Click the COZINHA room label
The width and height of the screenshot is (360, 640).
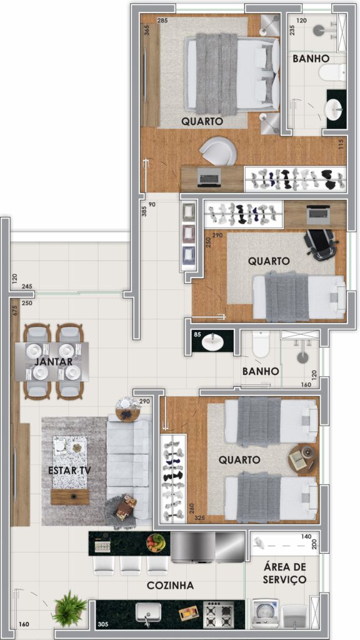coord(170,585)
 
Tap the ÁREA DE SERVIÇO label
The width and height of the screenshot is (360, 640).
coord(284,572)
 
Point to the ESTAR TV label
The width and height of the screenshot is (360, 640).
coord(69,470)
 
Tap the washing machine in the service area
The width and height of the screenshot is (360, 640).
coord(265,613)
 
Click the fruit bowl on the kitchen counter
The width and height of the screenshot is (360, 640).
coord(156,543)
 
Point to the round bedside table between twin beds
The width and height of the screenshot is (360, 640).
coord(303,458)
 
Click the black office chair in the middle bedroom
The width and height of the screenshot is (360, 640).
coord(321,243)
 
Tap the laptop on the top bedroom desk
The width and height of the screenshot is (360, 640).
coord(209,177)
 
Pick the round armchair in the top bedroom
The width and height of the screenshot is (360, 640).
coord(217,151)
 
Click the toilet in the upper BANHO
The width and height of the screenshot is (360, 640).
coord(332,72)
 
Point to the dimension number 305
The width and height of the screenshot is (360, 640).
coord(104,624)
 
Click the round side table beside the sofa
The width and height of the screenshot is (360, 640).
coord(127,408)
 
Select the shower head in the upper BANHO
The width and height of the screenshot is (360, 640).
coord(319,29)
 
